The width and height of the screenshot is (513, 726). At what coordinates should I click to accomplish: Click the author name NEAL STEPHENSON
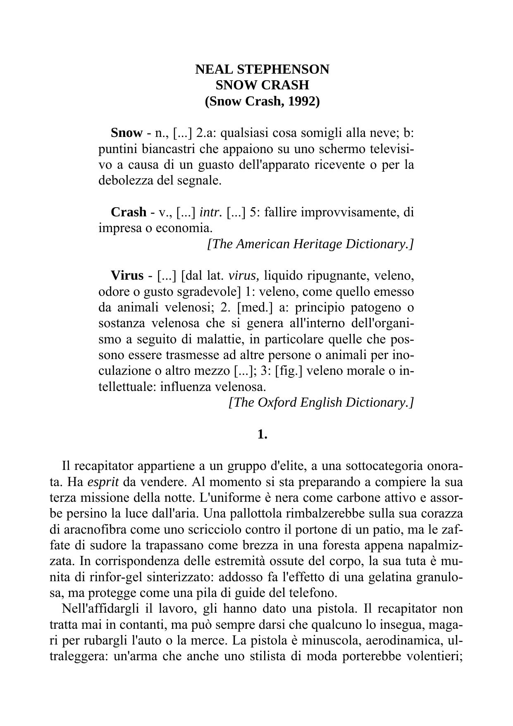pos(262,69)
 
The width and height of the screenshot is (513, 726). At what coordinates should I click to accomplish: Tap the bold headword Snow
pos(126,133)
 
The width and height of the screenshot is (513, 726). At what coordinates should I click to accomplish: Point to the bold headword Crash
pos(129,212)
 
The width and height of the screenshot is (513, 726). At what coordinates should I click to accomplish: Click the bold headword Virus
pos(127,275)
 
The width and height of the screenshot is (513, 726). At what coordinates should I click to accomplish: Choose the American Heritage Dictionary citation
pos(310,244)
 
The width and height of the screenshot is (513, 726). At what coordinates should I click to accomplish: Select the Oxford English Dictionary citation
pos(321,402)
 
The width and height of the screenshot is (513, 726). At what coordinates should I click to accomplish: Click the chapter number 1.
pos(262,434)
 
